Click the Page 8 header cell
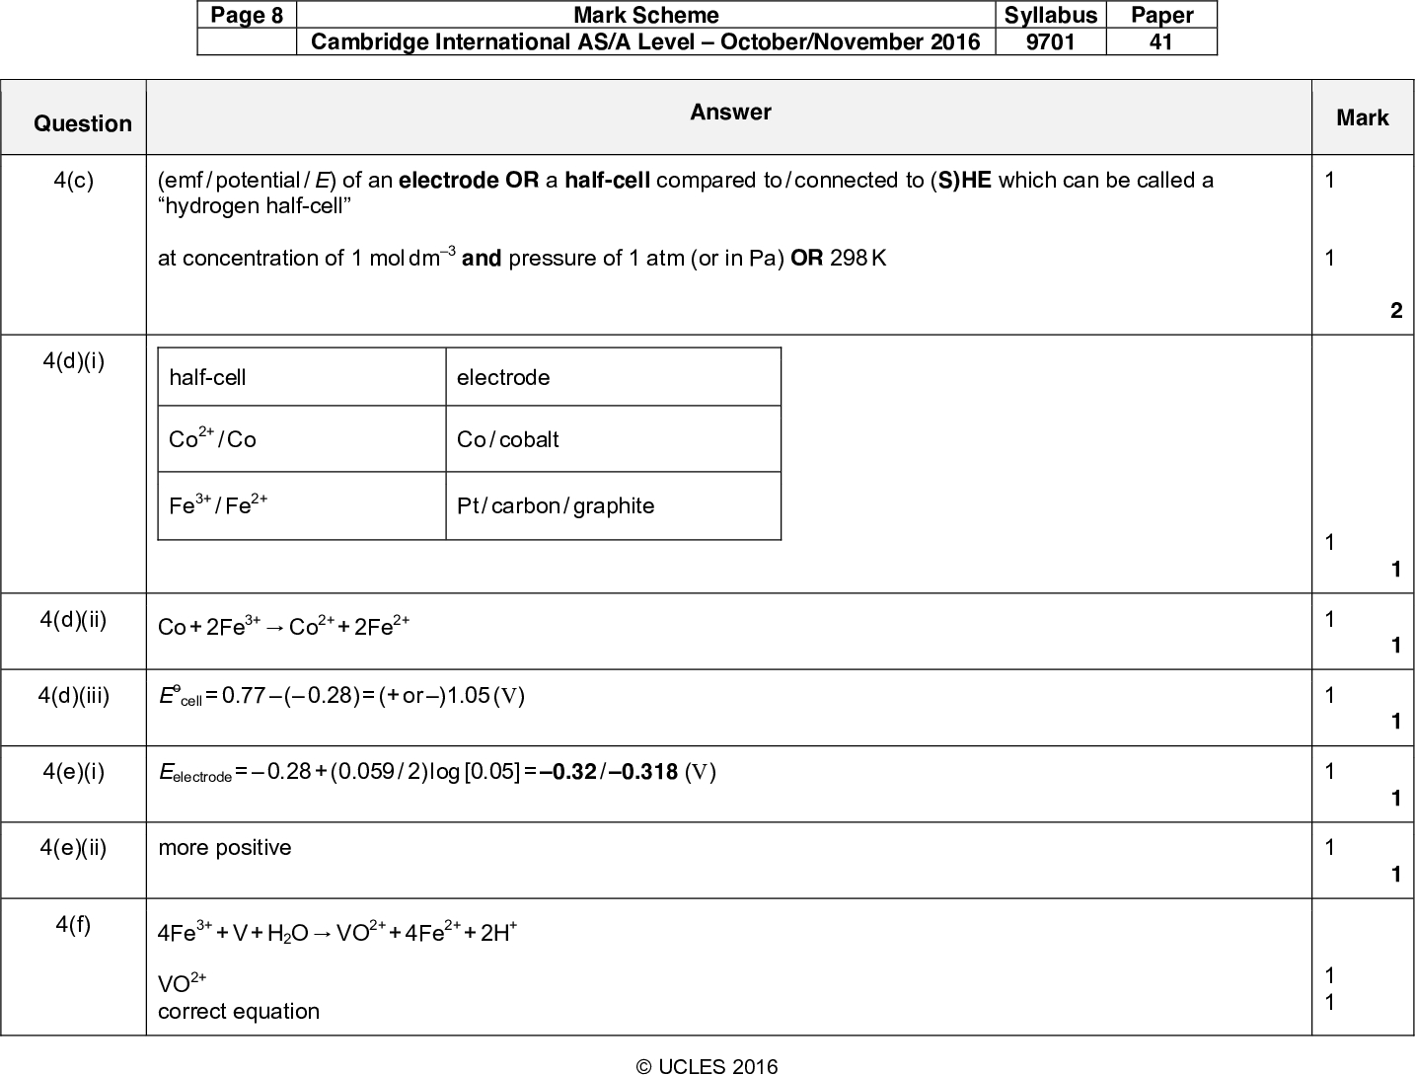click(247, 16)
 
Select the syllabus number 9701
click(1051, 41)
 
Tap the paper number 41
click(1161, 41)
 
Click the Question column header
click(83, 123)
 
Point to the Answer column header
click(730, 113)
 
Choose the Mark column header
click(1363, 118)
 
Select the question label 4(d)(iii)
click(74, 695)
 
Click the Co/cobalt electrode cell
click(508, 439)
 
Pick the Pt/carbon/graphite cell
click(556, 505)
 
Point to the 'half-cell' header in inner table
click(207, 377)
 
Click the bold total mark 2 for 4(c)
click(1395, 311)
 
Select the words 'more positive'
click(225, 848)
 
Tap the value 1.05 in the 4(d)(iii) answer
click(469, 696)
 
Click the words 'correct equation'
click(239, 1011)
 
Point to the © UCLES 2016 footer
click(707, 1066)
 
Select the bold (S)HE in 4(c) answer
click(961, 180)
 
